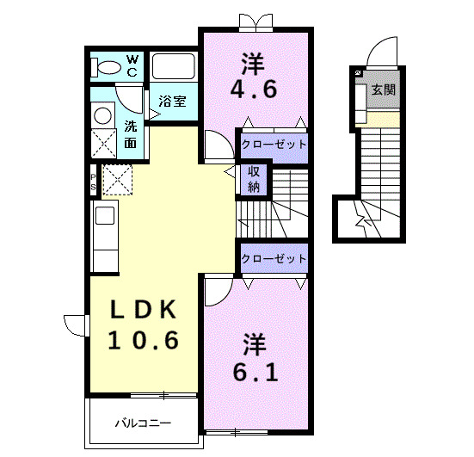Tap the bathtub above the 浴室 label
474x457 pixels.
(x=173, y=66)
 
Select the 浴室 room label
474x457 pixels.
(x=172, y=102)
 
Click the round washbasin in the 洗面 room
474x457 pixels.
(x=102, y=116)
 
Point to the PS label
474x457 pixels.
(x=94, y=182)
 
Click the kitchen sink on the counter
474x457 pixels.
(x=105, y=216)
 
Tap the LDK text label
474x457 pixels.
(x=144, y=310)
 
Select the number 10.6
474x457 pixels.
(x=144, y=340)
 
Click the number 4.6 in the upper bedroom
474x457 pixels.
(x=253, y=89)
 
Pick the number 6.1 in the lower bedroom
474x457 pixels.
(x=255, y=372)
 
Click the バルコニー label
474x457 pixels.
(x=143, y=423)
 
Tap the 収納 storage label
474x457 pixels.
(x=253, y=179)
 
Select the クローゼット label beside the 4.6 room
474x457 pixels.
(x=274, y=145)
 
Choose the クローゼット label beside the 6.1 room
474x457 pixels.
(x=274, y=258)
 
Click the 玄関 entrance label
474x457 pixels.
(x=384, y=90)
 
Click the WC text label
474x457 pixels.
(x=132, y=66)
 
